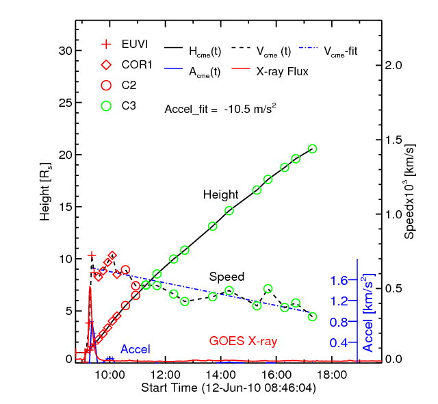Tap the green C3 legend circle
pos(105,106)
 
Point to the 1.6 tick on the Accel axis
pos(338,279)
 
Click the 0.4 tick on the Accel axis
pos(338,342)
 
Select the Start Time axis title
pos(223,388)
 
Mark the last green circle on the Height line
pos(312,149)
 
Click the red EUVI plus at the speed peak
pos(92,256)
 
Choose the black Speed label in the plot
pos(227,277)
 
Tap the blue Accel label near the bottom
pos(136,349)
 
